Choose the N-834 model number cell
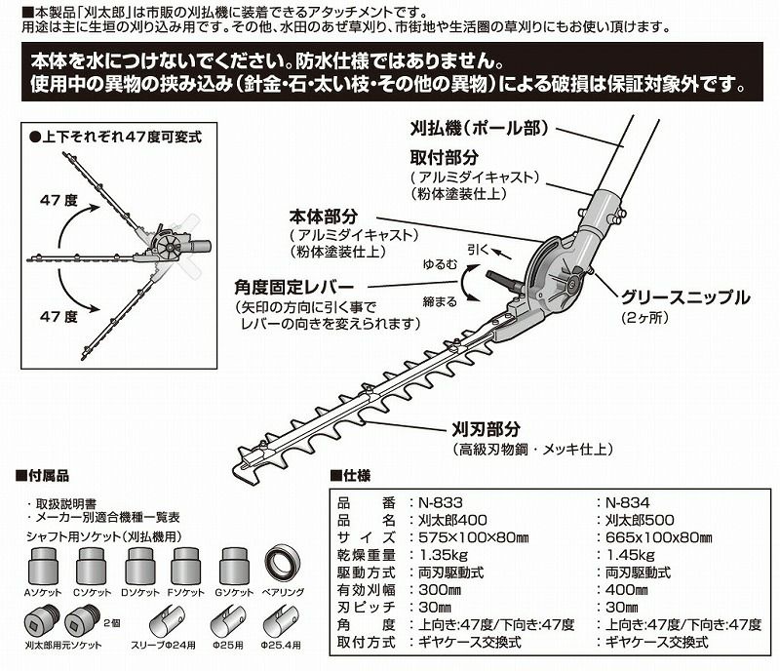(x=626, y=502)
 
